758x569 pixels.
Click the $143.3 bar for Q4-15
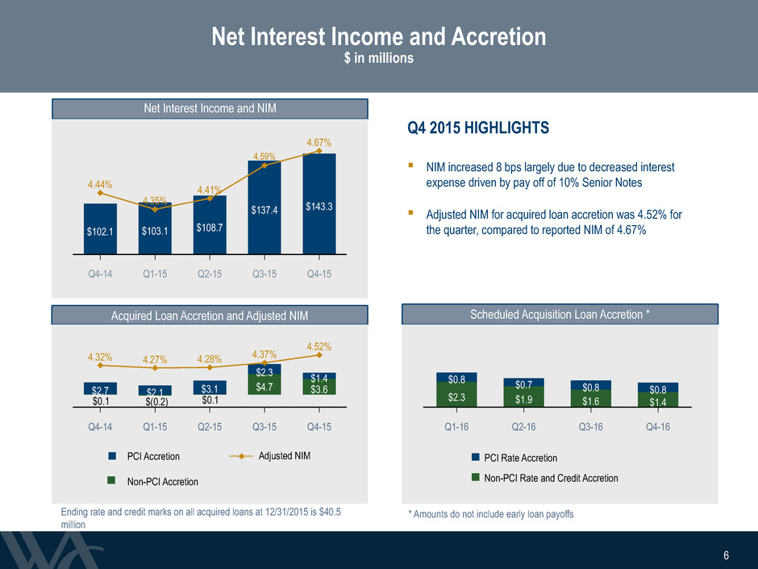click(319, 203)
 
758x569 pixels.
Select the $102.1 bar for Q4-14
click(100, 228)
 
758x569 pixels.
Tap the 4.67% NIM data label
click(319, 143)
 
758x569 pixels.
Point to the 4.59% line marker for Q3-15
click(264, 165)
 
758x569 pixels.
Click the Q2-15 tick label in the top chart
click(210, 274)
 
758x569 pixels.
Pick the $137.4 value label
click(264, 210)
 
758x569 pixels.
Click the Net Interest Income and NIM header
click(210, 108)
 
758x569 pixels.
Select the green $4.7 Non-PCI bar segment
click(264, 384)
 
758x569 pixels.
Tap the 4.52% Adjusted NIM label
click(319, 346)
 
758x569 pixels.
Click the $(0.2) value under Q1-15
click(155, 402)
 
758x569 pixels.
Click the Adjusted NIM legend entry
click(270, 456)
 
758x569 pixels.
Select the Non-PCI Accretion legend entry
click(152, 481)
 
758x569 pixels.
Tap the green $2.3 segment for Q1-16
click(456, 395)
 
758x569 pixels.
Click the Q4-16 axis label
click(658, 427)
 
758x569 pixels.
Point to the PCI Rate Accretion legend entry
click(514, 458)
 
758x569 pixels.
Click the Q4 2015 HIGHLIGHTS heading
click(478, 128)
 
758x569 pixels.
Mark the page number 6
click(726, 555)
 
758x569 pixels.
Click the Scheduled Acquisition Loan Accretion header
click(560, 315)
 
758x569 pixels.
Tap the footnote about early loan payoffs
click(491, 514)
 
